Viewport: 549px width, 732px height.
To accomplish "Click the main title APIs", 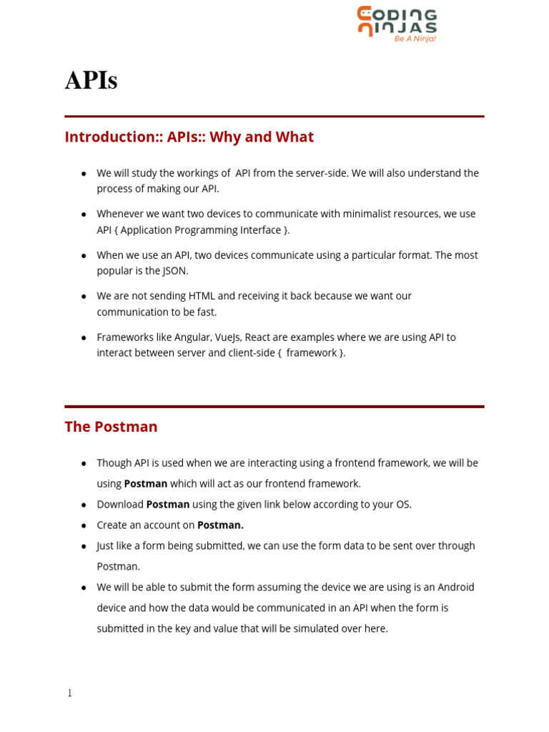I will [x=91, y=81].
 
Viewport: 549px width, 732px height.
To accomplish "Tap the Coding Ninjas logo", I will [x=397, y=21].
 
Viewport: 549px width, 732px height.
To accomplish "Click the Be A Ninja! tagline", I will [x=415, y=39].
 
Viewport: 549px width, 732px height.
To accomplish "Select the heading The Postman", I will [x=111, y=427].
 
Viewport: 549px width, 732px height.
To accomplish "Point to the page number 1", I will [x=69, y=693].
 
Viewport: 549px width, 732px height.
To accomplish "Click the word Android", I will [x=455, y=588].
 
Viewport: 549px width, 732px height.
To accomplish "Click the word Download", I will [x=120, y=505].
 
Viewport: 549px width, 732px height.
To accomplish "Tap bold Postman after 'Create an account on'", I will [x=220, y=525].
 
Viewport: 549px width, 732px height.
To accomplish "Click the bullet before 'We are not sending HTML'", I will [x=84, y=296].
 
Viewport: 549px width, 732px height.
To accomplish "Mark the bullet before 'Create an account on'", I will [x=84, y=525].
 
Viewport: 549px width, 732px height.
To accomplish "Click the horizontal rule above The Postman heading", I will [x=274, y=407].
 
